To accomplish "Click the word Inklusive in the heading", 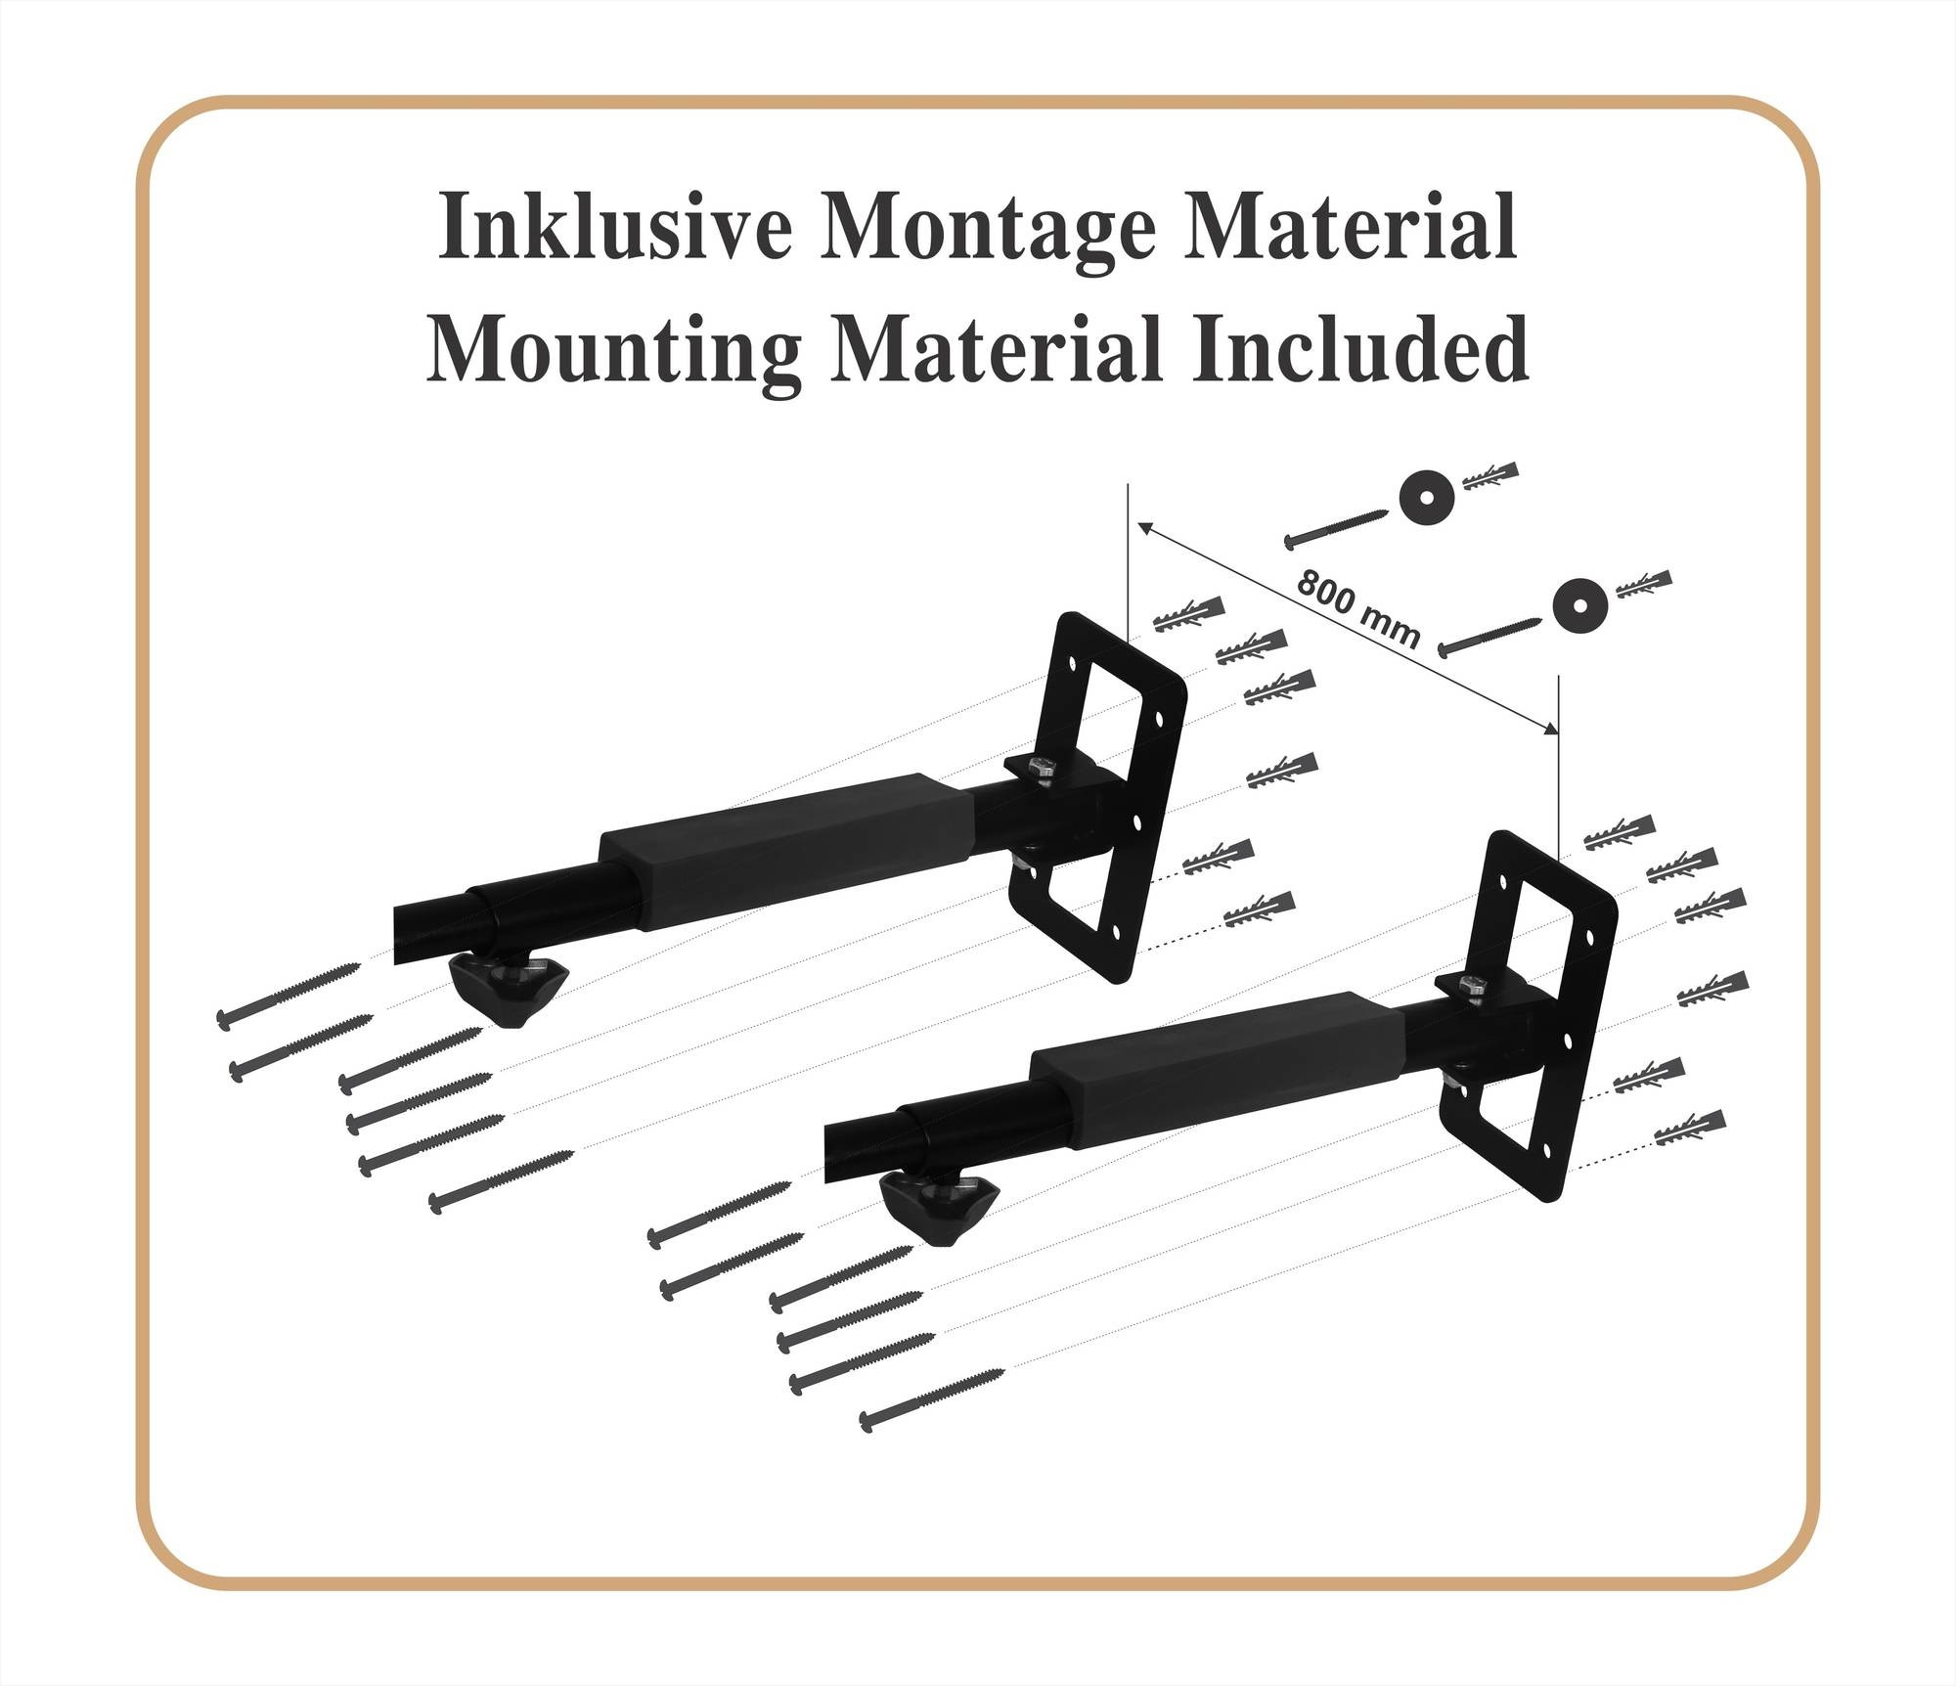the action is pos(613,227).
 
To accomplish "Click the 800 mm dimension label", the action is pos(1358,607).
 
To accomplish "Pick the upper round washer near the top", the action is pos(1426,499).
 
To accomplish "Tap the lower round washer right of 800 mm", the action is pos(1580,605).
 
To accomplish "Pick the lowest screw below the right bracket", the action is pos(932,1399).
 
